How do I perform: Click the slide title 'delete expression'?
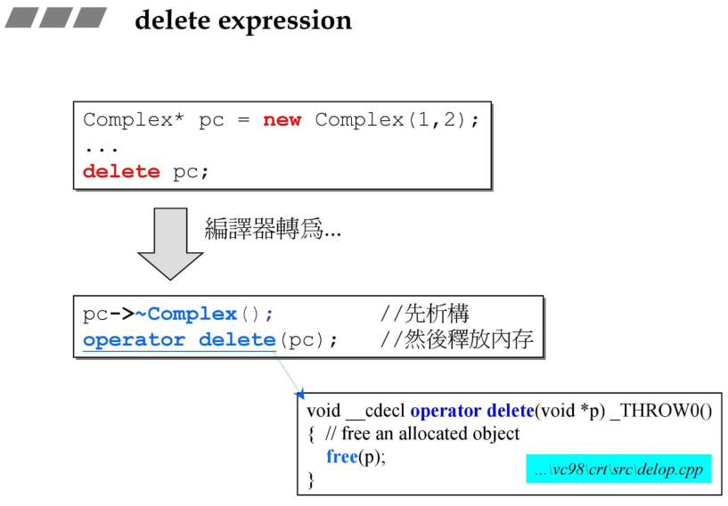[x=243, y=20]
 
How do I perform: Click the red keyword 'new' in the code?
[x=282, y=120]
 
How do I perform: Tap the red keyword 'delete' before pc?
[x=121, y=171]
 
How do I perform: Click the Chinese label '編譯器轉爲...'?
[x=273, y=230]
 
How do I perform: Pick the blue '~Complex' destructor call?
[x=192, y=314]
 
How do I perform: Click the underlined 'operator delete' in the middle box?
[x=179, y=339]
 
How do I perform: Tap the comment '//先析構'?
[x=424, y=314]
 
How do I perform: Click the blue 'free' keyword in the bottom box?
[x=341, y=457]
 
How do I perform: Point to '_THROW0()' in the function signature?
[x=660, y=411]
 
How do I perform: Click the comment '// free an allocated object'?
[x=422, y=434]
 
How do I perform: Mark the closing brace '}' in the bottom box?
[x=311, y=480]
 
